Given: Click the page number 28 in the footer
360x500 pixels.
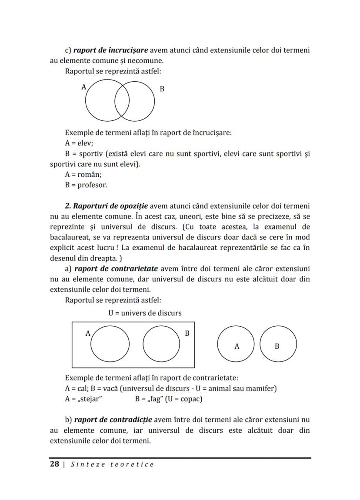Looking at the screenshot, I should (54, 464).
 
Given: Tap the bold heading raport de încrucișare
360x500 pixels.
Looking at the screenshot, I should (110, 50).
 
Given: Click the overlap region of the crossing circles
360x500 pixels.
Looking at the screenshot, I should (122, 100).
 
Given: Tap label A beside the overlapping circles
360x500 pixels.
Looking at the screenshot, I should (84, 87).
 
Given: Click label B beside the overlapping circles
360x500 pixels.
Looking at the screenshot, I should (162, 89).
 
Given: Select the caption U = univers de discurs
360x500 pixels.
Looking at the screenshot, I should (145, 313).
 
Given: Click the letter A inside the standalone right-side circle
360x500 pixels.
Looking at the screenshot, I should (237, 346).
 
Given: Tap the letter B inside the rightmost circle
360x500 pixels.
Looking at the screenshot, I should (277, 346).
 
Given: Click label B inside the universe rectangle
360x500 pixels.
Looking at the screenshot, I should (187, 334).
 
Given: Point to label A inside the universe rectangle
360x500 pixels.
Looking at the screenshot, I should (87, 334).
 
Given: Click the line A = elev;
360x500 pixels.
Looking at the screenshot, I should (79, 143).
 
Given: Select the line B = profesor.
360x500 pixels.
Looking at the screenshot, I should (86, 185).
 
